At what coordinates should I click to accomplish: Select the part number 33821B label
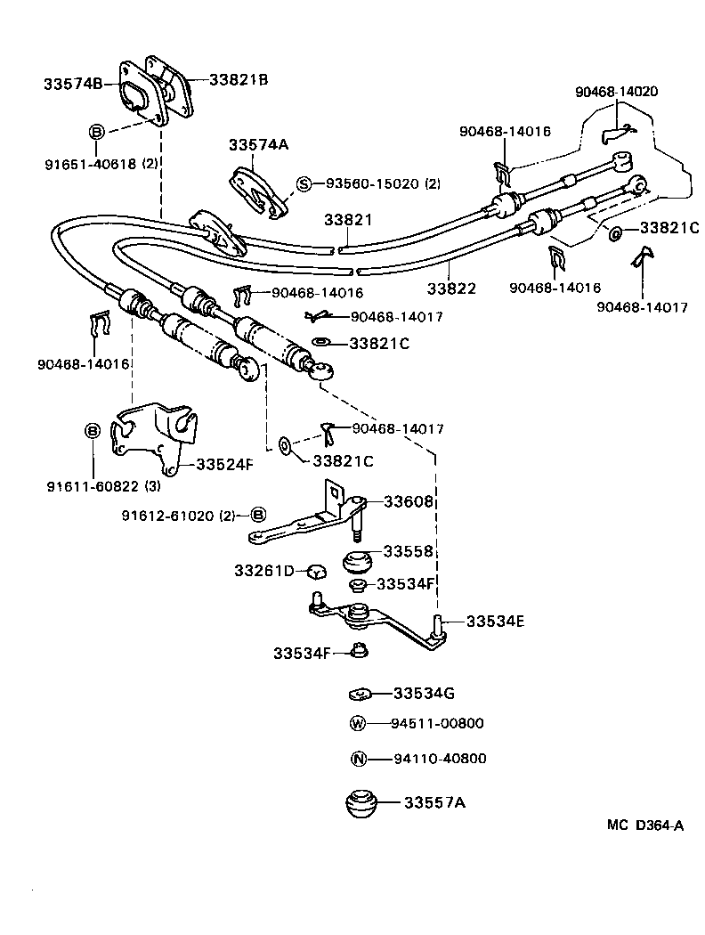coord(239,79)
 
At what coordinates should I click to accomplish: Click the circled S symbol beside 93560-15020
coord(304,184)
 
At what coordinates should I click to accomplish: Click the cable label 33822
coord(450,289)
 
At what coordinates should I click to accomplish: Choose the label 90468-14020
coord(616,91)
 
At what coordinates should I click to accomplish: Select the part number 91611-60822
coord(93,486)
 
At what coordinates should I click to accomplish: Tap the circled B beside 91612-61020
coord(258,515)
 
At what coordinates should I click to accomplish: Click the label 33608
coord(409,501)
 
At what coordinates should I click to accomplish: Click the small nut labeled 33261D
coord(314,571)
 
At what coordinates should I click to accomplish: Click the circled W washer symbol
coord(358,724)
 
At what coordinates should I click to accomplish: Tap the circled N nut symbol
coord(358,759)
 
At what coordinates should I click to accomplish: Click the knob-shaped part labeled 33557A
coord(361,803)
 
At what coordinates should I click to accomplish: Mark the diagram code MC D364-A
coord(645,825)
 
